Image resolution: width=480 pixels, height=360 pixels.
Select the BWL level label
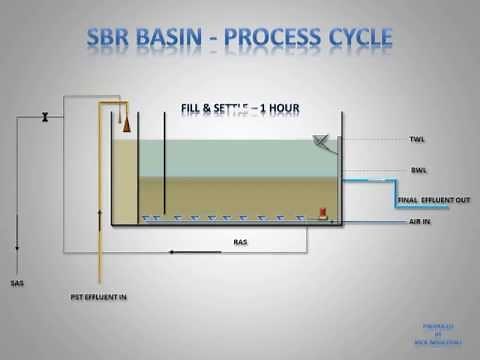417,171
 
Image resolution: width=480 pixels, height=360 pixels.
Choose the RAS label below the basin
240,242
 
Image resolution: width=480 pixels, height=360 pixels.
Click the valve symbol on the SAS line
44,120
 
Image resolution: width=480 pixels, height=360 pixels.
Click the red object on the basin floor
323,212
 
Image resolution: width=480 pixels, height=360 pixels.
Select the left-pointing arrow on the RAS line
176,252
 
